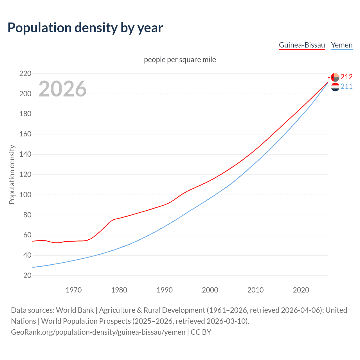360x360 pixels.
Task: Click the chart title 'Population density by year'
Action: (x=85, y=28)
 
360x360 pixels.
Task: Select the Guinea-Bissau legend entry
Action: (x=302, y=45)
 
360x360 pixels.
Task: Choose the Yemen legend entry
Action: (x=341, y=45)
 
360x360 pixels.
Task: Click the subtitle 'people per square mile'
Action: (x=180, y=60)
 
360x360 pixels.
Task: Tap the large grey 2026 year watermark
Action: (x=62, y=89)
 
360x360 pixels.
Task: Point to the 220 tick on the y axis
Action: (x=25, y=74)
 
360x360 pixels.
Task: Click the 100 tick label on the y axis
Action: (x=25, y=195)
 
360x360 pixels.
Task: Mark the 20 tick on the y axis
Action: (x=27, y=275)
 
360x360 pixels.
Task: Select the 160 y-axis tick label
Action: (x=25, y=134)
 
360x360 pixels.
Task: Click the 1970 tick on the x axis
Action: (x=74, y=290)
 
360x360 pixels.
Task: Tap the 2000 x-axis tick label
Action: (x=210, y=290)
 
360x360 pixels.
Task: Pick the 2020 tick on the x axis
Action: (x=301, y=290)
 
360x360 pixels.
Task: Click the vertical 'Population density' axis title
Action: (x=12, y=174)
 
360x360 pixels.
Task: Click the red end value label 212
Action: (x=346, y=77)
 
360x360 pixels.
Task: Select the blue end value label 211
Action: (x=346, y=86)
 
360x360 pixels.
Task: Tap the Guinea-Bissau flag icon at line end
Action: (x=335, y=77)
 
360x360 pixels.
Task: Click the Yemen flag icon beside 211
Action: (x=335, y=87)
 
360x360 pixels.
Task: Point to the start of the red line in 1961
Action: (x=33, y=241)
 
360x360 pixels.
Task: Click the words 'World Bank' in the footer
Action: (x=75, y=310)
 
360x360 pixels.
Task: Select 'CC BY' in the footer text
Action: (x=201, y=332)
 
